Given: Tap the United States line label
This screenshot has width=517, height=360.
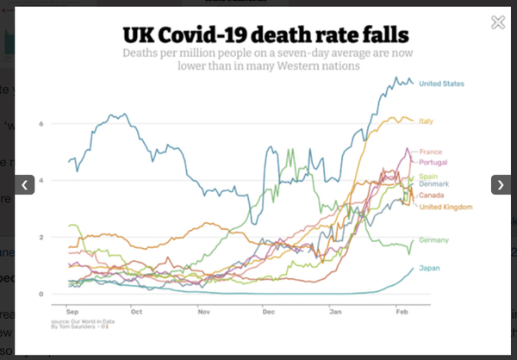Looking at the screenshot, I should click(x=441, y=84).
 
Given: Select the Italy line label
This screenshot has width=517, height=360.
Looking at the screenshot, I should click(x=426, y=121).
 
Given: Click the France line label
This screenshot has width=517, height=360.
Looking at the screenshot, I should click(x=430, y=152).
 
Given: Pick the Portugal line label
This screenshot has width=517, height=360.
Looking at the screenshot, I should click(x=433, y=162).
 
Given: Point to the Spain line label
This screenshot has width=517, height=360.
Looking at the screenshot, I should click(x=428, y=177).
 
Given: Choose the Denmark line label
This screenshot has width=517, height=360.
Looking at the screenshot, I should click(x=433, y=184).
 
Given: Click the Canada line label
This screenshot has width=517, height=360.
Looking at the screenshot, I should click(x=431, y=196).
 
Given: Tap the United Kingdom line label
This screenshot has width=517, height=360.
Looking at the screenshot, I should click(x=445, y=207).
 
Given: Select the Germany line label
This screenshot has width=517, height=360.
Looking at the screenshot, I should click(x=433, y=240).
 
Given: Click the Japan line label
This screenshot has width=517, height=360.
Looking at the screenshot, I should click(x=428, y=269).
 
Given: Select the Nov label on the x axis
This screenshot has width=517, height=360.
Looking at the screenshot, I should click(x=202, y=307).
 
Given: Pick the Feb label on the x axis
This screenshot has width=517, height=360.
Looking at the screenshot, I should click(x=402, y=307).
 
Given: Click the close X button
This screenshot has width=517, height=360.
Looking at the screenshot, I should click(x=497, y=22).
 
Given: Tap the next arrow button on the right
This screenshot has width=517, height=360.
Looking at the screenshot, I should click(x=501, y=184).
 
